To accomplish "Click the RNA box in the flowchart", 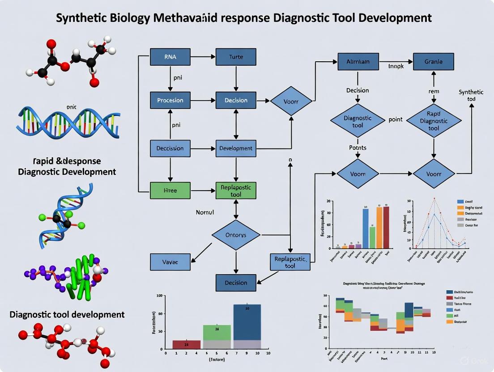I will coord(170,57).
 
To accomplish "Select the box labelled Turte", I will coord(236,57).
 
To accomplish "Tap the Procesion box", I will coord(170,100).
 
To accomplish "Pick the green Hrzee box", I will coord(170,190).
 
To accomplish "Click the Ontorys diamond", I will coord(235,235).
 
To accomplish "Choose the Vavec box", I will coord(170,262).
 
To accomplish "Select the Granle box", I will coord(433,62).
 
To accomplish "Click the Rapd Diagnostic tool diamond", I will coord(433,121).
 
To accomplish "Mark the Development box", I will coord(236,148).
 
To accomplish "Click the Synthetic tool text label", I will coord(471,95).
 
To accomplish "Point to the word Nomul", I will coord(206,212).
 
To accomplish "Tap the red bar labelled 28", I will coord(186,344).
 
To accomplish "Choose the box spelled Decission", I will coord(170,148).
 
